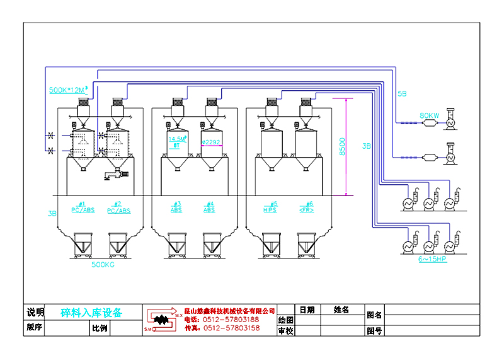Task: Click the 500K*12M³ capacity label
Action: (69, 90)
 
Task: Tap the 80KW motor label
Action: (429, 115)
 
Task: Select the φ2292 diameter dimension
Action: (211, 142)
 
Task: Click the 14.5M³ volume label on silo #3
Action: (177, 139)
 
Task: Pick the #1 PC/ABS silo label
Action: (83, 207)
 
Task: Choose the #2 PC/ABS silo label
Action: (118, 207)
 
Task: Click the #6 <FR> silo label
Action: (307, 207)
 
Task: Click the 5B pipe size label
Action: (402, 93)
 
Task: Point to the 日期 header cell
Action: (307, 310)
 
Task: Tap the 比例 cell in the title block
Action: (100, 328)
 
